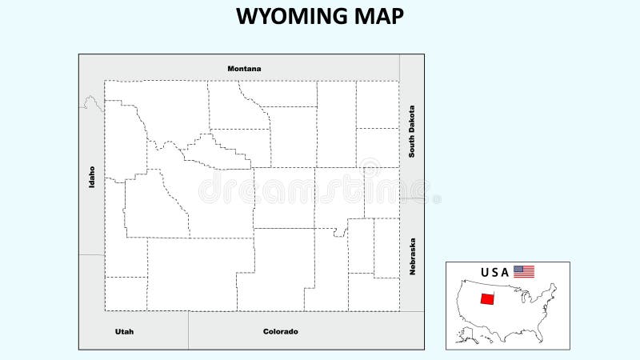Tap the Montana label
(x=244, y=69)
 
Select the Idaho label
(x=92, y=177)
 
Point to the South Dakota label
(x=412, y=131)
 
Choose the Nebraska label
(x=413, y=256)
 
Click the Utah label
(x=124, y=331)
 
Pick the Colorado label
(x=280, y=331)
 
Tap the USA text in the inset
(x=494, y=272)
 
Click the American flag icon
(x=524, y=272)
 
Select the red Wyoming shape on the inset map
(x=486, y=299)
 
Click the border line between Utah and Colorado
(x=188, y=330)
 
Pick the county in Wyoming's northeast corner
(x=378, y=104)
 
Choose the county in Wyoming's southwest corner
(x=126, y=294)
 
